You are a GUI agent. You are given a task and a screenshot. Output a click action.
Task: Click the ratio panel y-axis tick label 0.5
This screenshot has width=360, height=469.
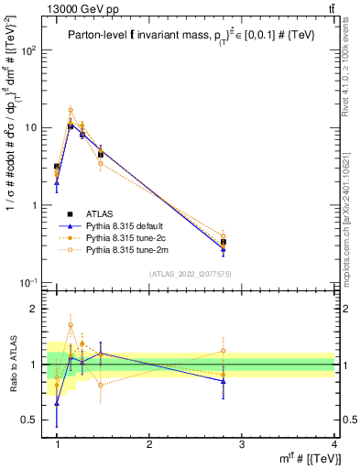[35, 420]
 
